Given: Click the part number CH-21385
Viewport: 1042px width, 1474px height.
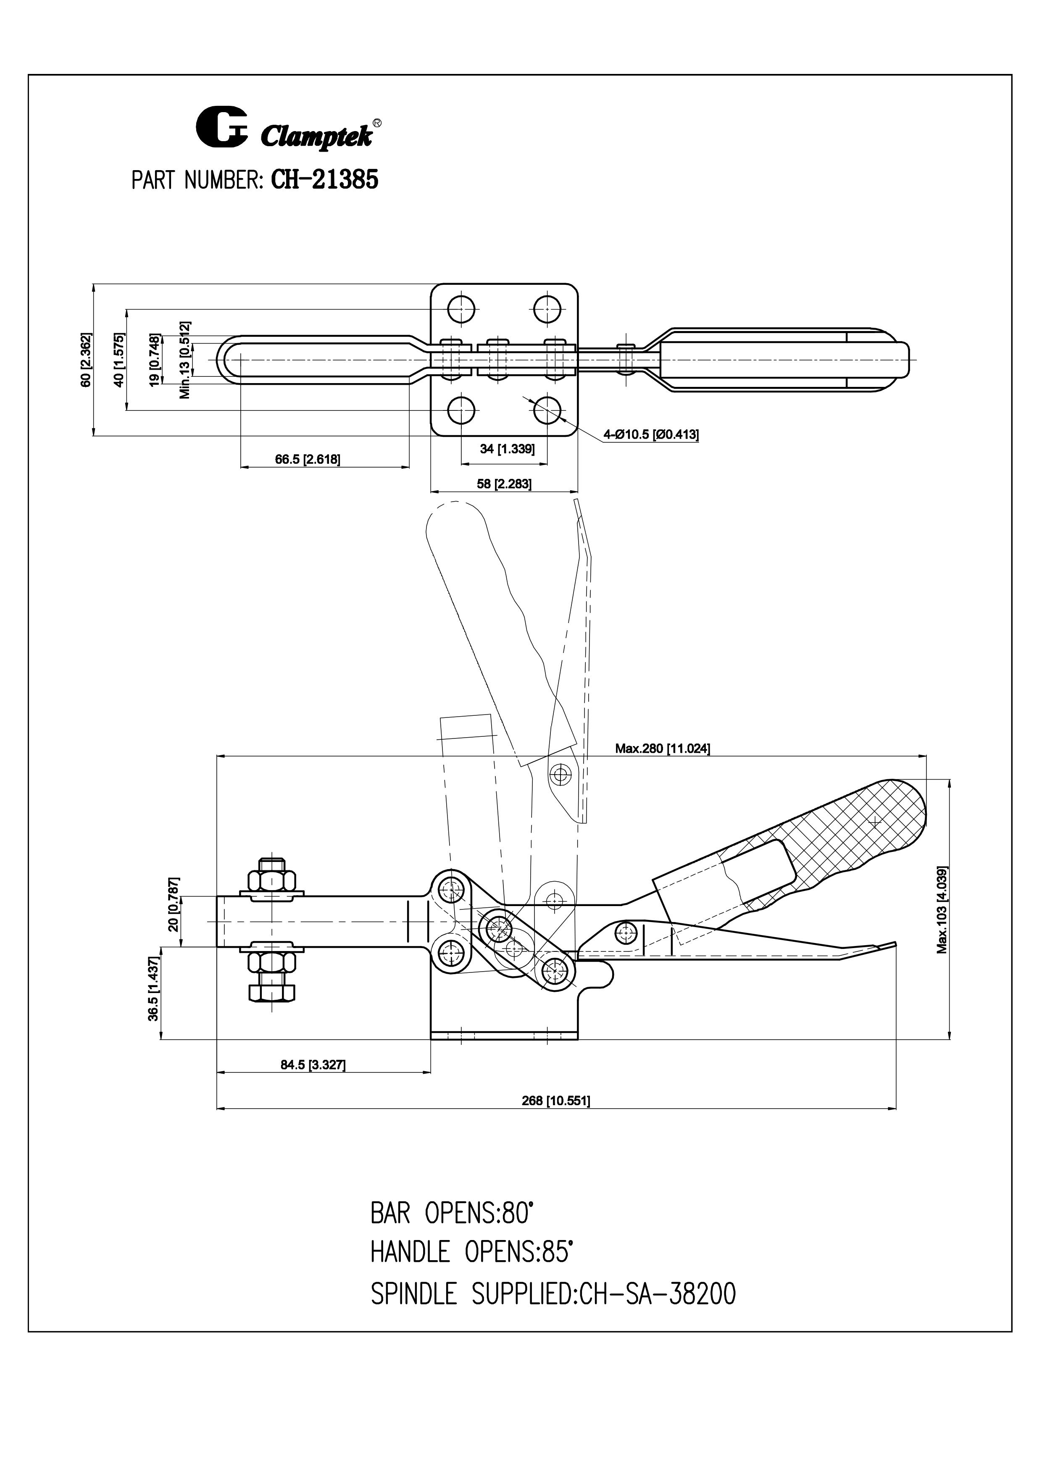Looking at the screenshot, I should (x=324, y=180).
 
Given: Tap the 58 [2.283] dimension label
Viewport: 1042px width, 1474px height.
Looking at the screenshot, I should (x=504, y=483).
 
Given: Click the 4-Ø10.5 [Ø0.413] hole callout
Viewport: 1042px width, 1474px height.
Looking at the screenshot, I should (x=650, y=435).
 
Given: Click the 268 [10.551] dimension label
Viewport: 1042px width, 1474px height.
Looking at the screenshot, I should (x=555, y=1101).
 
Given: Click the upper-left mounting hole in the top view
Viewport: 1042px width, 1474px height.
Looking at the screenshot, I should (x=461, y=309).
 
